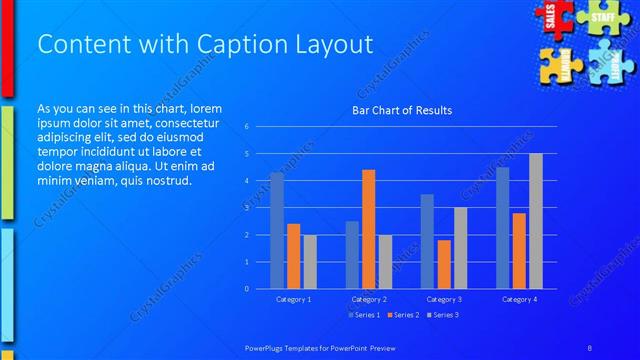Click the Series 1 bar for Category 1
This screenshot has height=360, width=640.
[x=276, y=230]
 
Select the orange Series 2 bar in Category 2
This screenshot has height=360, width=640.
[x=368, y=229]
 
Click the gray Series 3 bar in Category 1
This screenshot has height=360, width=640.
[x=310, y=261]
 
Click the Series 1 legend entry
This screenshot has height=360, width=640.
[x=363, y=315]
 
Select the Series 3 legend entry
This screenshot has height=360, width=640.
[x=442, y=315]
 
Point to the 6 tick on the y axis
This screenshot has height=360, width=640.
[x=246, y=127]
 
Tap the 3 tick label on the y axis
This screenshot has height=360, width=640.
[x=246, y=208]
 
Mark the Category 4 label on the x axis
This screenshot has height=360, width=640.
[x=519, y=299]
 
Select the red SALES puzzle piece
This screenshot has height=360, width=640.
[x=551, y=17]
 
